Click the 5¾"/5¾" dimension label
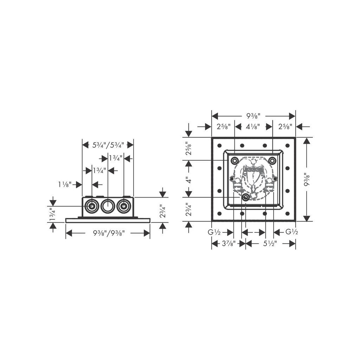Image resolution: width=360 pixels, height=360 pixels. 108,145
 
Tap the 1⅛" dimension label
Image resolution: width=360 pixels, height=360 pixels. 65,184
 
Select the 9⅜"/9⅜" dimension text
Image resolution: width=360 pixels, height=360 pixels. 109,233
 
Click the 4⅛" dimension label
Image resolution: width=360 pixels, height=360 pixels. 253,126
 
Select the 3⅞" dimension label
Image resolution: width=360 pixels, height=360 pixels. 229,243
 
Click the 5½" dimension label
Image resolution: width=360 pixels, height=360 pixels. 270,243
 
